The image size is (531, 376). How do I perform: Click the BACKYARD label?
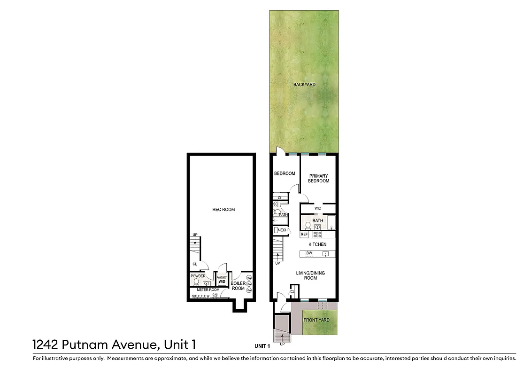[x=304, y=85]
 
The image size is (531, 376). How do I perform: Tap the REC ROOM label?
[x=223, y=210]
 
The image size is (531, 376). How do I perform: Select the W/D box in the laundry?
[x=222, y=282]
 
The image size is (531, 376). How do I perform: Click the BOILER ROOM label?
[x=238, y=286]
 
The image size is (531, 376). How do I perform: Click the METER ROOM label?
[x=208, y=290]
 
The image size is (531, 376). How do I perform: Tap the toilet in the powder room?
[x=196, y=282]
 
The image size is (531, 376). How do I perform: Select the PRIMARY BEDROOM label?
[x=318, y=179]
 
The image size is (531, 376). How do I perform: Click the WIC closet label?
[x=317, y=208]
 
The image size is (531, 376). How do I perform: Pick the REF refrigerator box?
[x=304, y=234]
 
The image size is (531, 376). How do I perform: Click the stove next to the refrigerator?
[x=318, y=234]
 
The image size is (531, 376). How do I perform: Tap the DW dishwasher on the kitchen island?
[x=309, y=254]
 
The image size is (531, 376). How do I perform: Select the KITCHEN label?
[x=317, y=244]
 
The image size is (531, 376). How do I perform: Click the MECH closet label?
[x=283, y=230]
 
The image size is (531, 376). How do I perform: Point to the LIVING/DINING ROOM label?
[x=310, y=275]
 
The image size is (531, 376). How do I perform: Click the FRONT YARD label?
[x=316, y=320]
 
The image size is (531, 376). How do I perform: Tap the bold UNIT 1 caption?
[x=262, y=346]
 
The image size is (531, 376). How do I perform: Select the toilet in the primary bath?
[x=308, y=225]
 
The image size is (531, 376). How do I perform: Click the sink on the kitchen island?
[x=325, y=254]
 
